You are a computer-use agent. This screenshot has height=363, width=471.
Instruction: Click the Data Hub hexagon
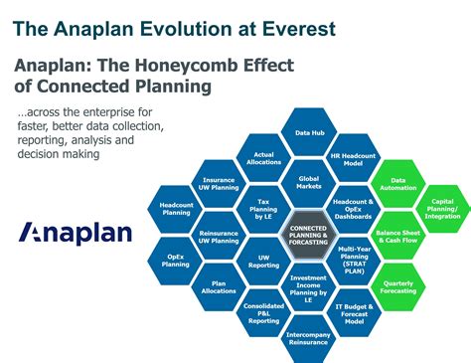(310, 132)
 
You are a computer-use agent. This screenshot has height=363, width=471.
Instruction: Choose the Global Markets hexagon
(309, 183)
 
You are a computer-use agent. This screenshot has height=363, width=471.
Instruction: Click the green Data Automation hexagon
(397, 183)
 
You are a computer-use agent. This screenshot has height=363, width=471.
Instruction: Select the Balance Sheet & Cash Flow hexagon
(397, 236)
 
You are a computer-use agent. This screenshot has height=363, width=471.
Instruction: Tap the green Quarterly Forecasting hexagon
(397, 287)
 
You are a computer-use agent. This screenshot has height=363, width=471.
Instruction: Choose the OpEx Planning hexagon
(176, 260)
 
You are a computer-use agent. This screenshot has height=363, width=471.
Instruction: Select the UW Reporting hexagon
(264, 261)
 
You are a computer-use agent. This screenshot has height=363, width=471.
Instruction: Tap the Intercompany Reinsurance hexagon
(310, 339)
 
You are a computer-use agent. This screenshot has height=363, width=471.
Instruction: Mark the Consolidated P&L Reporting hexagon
(264, 313)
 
